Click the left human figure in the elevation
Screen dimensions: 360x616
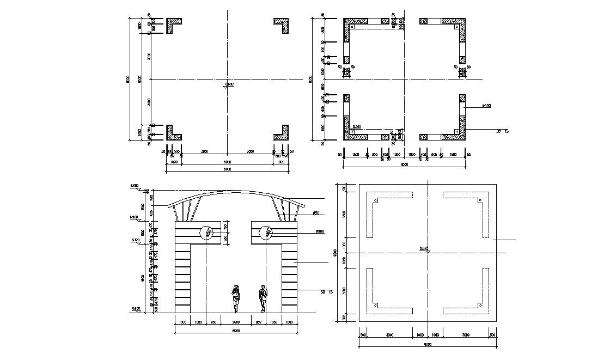[x=236, y=298]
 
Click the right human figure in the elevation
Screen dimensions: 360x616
[x=264, y=298]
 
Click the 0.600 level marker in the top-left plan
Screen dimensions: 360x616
[x=229, y=84]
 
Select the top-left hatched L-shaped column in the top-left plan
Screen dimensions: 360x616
[x=173, y=25]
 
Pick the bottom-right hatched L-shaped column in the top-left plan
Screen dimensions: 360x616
[x=282, y=132]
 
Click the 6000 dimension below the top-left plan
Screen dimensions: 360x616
[x=227, y=162]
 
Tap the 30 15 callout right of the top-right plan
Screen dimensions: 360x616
[x=502, y=131]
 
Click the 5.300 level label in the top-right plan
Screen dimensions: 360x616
[x=356, y=127]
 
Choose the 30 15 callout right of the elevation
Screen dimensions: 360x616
[x=326, y=292]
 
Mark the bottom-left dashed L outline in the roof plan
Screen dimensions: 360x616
[x=388, y=292]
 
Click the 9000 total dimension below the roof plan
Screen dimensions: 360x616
[x=427, y=344]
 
